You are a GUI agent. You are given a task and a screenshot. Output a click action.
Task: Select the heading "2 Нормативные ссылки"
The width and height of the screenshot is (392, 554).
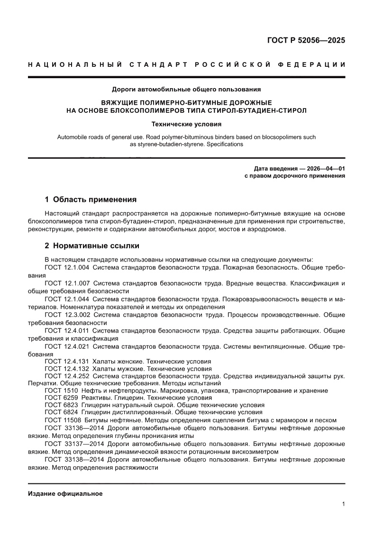coord(91,246)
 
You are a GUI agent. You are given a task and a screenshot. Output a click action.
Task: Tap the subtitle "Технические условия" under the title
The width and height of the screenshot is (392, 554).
coord(186,125)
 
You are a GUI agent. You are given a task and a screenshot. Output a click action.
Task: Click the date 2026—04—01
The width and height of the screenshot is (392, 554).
coord(319,168)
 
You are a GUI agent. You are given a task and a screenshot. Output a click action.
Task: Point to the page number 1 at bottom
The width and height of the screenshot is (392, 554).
coord(343,504)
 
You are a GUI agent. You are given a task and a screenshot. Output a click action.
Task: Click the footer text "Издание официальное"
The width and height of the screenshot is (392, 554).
coord(65,493)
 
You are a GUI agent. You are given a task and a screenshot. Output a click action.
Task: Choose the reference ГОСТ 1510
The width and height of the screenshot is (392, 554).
coord(61,391)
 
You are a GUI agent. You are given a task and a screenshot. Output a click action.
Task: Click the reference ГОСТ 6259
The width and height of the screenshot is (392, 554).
coord(61,398)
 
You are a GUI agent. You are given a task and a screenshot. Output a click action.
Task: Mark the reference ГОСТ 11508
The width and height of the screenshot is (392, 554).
coord(63,420)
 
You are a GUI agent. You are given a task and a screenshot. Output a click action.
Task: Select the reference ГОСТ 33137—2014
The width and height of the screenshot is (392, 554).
coord(74,445)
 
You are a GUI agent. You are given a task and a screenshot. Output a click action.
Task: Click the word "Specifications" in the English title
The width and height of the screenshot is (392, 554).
coord(225,144)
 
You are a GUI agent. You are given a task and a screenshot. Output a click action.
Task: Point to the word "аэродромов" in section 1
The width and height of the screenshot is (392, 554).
coord(269,229)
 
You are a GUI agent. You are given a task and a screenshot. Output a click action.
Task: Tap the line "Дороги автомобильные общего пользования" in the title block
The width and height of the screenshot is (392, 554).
coord(186,89)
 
